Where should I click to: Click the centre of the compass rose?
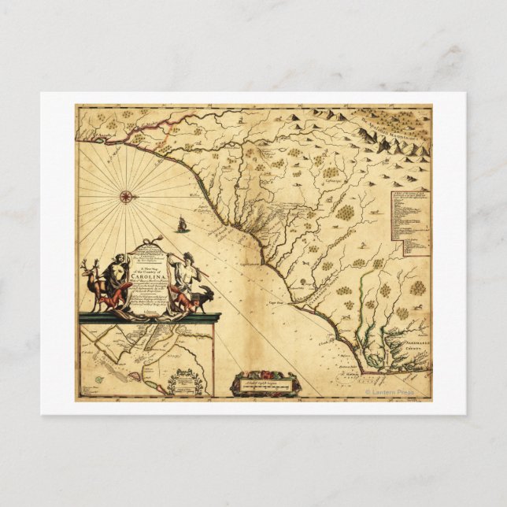(x=127, y=194)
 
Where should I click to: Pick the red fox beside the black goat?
(x=184, y=302)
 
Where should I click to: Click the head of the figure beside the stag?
(x=118, y=259)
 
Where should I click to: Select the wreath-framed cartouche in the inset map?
(x=190, y=382)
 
